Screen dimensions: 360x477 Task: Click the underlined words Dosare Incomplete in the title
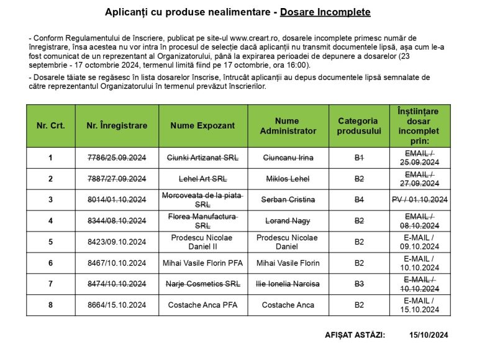point(325,12)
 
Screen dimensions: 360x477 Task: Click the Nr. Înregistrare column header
point(117,125)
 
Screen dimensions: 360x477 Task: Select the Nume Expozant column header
point(202,125)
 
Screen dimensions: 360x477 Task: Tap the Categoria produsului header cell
point(358,125)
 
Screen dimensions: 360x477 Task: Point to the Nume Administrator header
point(288,125)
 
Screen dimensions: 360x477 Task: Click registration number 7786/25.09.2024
point(117,158)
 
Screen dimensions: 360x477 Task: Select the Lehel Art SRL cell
point(202,179)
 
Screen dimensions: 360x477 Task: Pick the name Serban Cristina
point(288,200)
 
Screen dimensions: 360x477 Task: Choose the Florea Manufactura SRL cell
point(202,221)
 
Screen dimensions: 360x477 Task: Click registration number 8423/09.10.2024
point(117,242)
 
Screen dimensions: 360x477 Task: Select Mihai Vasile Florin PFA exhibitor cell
point(202,263)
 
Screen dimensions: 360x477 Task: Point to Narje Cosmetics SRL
point(202,284)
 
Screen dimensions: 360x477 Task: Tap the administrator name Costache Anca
point(288,305)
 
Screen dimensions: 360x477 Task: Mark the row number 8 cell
point(50,305)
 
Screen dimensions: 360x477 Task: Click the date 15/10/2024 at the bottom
point(429,335)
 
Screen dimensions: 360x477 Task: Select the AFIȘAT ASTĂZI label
point(355,335)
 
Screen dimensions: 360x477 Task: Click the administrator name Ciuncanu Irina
point(288,158)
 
